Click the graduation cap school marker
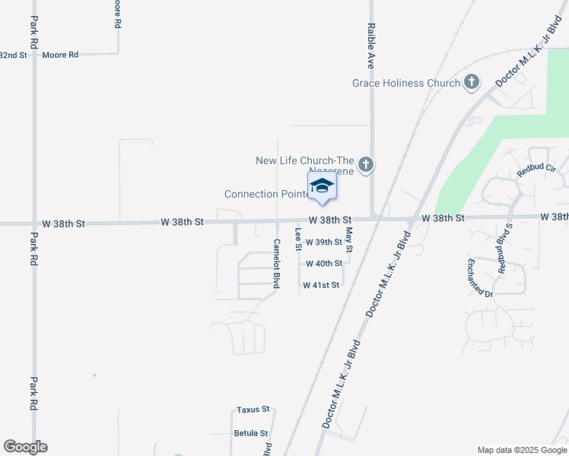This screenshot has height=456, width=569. coord(322,185)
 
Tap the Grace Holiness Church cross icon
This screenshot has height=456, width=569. coord(472,82)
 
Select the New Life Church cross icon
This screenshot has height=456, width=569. coord(366,164)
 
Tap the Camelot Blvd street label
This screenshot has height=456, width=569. coord(276,264)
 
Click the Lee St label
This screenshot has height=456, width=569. coord(298,240)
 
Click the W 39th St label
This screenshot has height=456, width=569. coord(324,242)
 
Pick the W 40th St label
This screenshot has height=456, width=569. coord(324,264)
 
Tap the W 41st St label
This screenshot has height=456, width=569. coord(320,286)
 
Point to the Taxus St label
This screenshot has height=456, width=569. coord(253,409)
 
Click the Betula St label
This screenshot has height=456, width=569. coord(252,433)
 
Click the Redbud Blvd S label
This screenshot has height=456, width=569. coord(505,249)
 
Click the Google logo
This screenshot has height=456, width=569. coord(25,447)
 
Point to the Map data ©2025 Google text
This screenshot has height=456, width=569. coord(521,450)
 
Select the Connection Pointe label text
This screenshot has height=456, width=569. coord(265,195)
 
